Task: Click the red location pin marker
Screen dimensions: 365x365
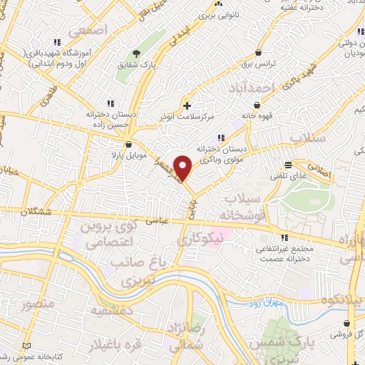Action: (x=184, y=168)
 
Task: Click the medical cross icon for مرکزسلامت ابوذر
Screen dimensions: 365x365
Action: (x=187, y=106)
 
